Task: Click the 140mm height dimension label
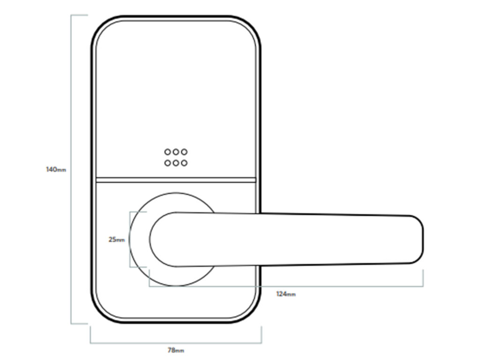[x=55, y=169]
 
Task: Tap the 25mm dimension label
[x=116, y=240]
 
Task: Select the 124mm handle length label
[x=286, y=294]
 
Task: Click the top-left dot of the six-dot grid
[x=167, y=152]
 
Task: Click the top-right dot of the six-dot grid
[x=184, y=152]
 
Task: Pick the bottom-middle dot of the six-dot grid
[x=176, y=163]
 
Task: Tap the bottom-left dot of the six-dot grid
[x=167, y=163]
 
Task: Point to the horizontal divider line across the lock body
[x=176, y=179]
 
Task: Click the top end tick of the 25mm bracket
[x=138, y=212]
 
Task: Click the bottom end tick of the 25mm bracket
[x=138, y=267]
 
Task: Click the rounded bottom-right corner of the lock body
[x=252, y=314]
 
